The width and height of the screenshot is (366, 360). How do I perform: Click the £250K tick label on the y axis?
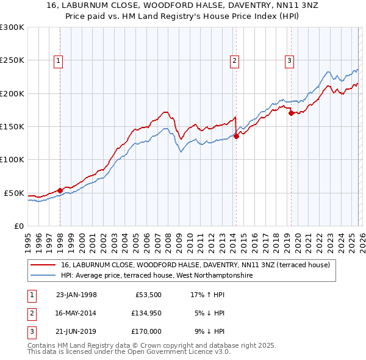[x=12, y=60]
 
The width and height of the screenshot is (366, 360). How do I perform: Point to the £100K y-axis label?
[x=12, y=159]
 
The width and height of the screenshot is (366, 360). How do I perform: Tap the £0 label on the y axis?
[x=18, y=226]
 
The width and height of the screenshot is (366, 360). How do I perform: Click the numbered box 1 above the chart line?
[x=58, y=60]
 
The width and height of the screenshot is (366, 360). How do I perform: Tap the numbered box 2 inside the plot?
[x=234, y=60]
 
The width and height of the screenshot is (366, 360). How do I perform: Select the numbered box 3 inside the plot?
[x=289, y=60]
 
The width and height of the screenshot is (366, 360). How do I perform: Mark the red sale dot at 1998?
[x=60, y=190]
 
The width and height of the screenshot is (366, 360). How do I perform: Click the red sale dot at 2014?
[x=236, y=136]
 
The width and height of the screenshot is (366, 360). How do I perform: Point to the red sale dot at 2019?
[x=291, y=113]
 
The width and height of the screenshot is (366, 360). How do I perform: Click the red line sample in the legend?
[x=43, y=265]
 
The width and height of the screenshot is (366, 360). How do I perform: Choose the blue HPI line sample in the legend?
[x=43, y=275]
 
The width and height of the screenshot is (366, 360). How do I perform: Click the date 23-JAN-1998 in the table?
[x=76, y=295]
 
